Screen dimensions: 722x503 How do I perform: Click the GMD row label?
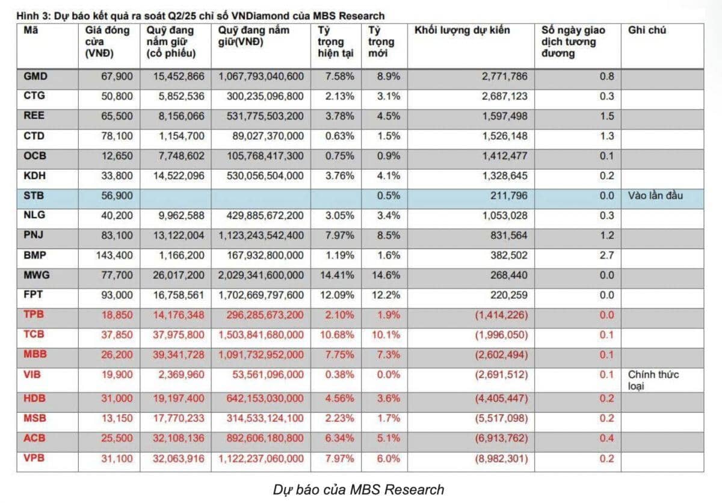click(35, 76)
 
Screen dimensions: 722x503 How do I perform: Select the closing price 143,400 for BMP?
click(114, 255)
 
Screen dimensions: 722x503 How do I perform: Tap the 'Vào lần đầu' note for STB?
click(655, 196)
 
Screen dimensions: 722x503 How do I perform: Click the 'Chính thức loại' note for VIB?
click(653, 380)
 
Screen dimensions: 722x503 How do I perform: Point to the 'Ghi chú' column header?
click(647, 30)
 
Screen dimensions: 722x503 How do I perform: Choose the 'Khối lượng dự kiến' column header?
click(462, 30)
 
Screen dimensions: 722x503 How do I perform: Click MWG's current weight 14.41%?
click(337, 275)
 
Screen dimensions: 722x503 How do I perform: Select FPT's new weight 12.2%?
click(386, 295)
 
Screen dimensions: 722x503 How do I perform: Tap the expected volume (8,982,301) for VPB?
click(502, 458)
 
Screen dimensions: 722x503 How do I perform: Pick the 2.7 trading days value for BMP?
click(607, 255)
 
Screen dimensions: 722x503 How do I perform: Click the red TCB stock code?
click(34, 334)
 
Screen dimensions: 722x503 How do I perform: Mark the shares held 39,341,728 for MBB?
click(179, 354)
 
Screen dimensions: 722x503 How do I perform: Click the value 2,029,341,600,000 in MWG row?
click(261, 275)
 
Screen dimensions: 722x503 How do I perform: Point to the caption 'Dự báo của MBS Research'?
click(359, 490)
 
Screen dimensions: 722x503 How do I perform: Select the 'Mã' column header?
click(31, 30)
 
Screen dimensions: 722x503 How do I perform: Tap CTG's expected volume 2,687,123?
click(505, 96)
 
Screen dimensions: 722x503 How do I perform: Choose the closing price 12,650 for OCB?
click(117, 156)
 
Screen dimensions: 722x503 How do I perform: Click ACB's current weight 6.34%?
click(340, 438)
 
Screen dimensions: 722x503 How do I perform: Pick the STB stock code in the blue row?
click(34, 196)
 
